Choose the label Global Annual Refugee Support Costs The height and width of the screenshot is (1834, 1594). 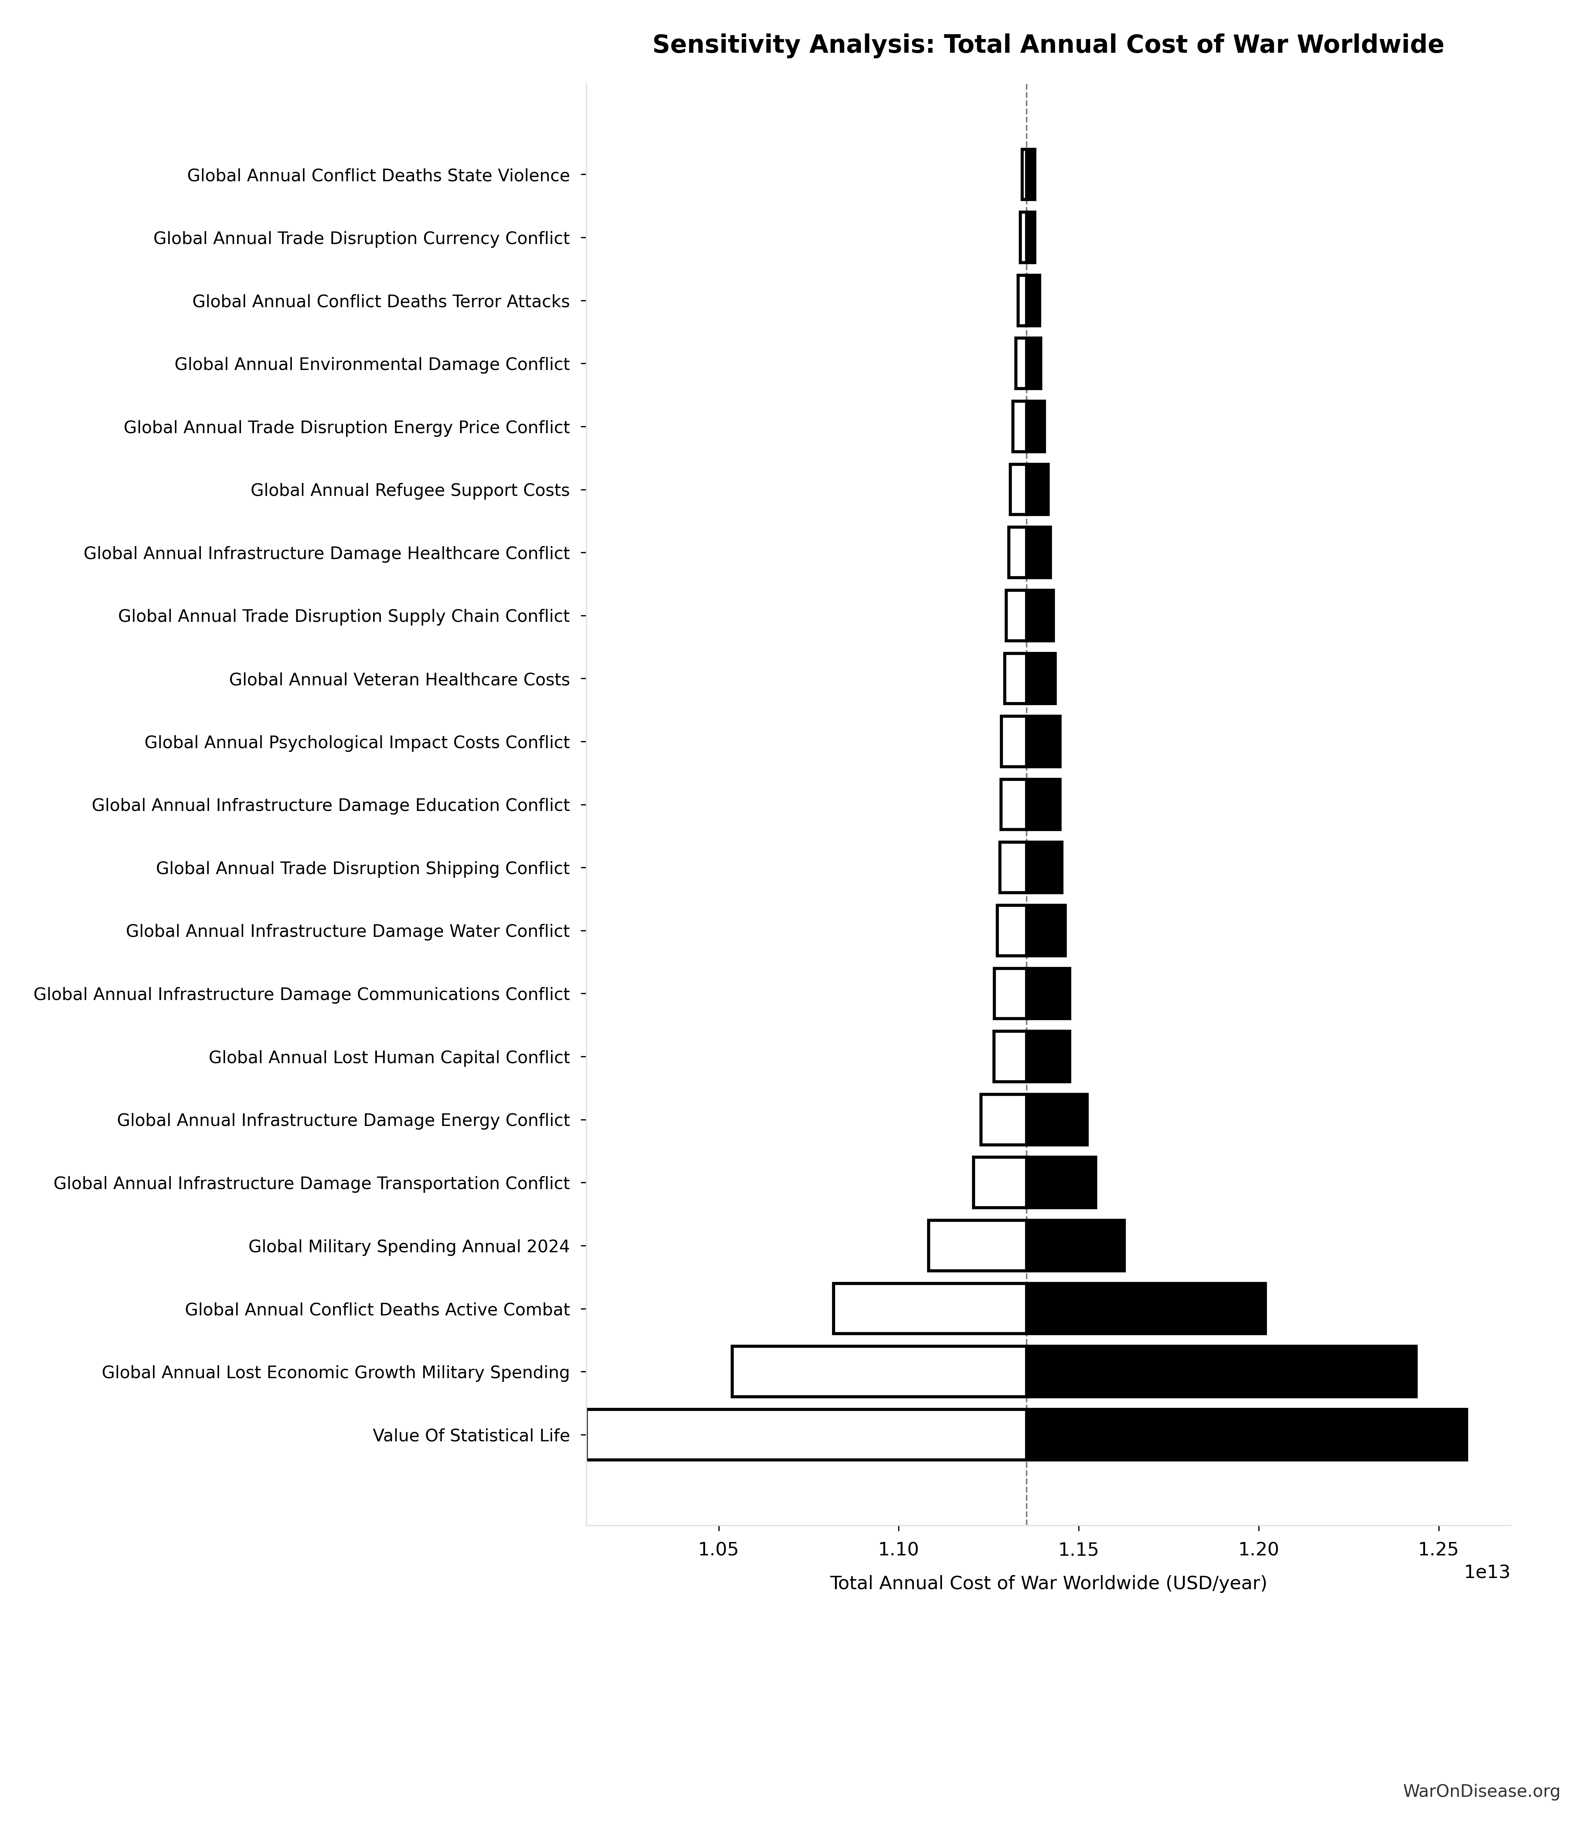pos(409,490)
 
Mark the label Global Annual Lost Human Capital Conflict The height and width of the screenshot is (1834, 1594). pos(389,1057)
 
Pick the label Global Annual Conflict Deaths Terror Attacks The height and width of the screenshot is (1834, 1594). pos(381,302)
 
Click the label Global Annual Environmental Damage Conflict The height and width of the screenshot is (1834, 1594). pos(372,364)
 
